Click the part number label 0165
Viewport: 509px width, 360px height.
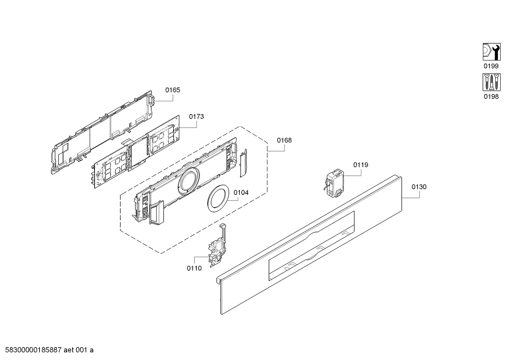(x=173, y=90)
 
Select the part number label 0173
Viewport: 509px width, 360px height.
(x=196, y=116)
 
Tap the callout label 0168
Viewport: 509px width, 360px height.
(x=284, y=140)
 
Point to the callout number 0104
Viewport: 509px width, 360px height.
(x=241, y=193)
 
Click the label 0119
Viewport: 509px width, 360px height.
(x=361, y=165)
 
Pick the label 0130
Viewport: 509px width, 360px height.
(x=419, y=187)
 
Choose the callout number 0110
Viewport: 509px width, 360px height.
(x=194, y=268)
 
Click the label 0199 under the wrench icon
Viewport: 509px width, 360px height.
(x=491, y=66)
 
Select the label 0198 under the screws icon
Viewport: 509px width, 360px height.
(x=491, y=96)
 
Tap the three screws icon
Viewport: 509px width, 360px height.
(x=491, y=82)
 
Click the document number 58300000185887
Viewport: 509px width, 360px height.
(x=33, y=350)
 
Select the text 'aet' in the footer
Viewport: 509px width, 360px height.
(x=69, y=350)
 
